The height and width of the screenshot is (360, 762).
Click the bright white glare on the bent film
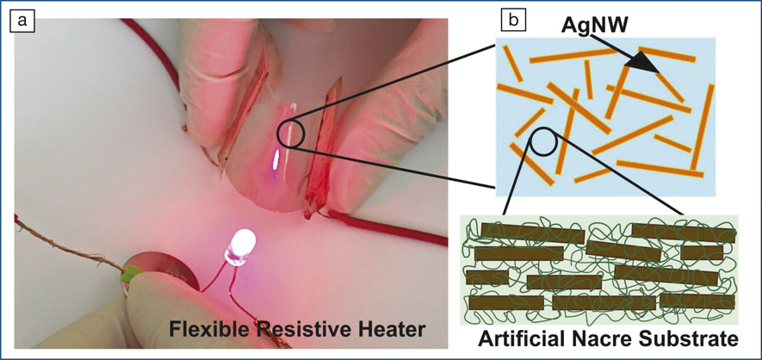click(x=276, y=159)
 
